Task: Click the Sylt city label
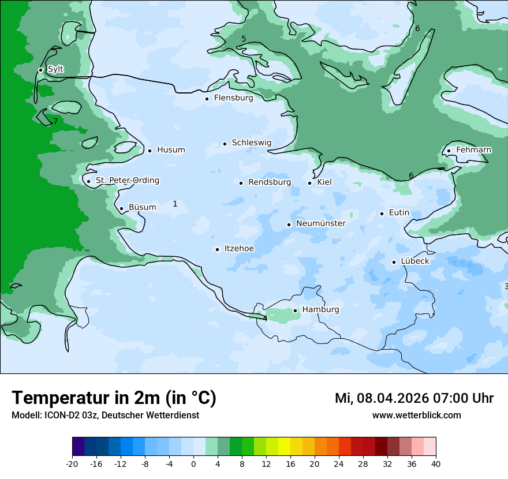(55, 69)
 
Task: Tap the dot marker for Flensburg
(207, 99)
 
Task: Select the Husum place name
(171, 150)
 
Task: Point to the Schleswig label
(251, 143)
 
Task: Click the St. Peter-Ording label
(127, 181)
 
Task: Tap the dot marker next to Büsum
(121, 209)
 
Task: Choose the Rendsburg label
(270, 182)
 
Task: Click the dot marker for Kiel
(310, 183)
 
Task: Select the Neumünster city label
(321, 223)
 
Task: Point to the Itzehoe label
(239, 249)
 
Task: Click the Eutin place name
(399, 213)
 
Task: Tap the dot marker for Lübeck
(394, 262)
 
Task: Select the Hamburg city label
(320, 310)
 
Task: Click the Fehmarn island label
(473, 150)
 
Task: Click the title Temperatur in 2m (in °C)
(114, 398)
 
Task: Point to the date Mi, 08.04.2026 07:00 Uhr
(414, 398)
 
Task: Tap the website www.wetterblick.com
(416, 415)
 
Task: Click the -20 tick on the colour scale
(72, 463)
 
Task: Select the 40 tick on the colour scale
(436, 463)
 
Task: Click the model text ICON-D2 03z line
(105, 415)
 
